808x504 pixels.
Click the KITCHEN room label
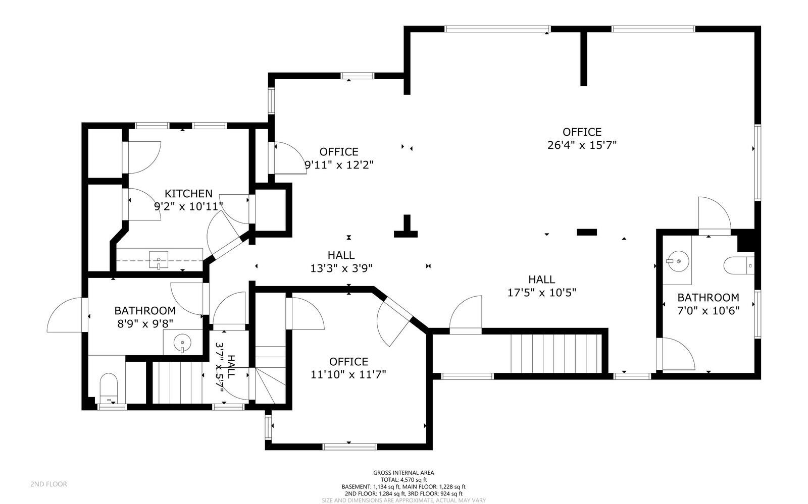pos(189,194)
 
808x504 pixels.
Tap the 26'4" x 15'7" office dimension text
pos(582,145)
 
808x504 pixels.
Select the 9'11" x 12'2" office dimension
pos(339,165)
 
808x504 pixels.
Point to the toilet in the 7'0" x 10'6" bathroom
pos(738,265)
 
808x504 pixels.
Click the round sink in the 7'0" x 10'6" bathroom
pos(678,261)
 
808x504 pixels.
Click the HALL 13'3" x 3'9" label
pos(341,262)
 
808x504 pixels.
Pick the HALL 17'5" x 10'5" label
pos(541,286)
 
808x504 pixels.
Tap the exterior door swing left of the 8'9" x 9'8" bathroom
pos(66,315)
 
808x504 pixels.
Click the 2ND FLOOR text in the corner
pos(49,484)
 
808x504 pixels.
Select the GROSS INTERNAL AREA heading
pos(403,473)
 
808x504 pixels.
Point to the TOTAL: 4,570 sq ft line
pos(403,480)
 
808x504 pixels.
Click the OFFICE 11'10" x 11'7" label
pos(348,368)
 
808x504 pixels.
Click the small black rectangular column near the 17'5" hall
pos(586,232)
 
